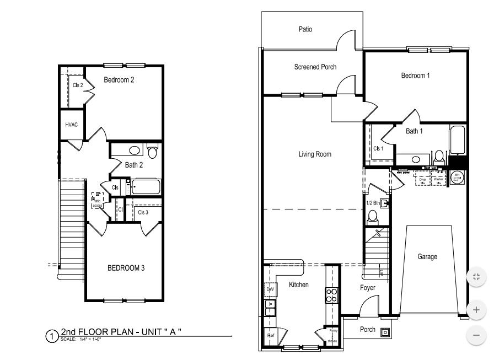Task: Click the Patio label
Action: pos(305,29)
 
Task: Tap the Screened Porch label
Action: pos(315,67)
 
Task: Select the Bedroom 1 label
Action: pos(415,76)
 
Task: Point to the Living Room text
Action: pos(315,154)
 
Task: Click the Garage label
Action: pos(427,257)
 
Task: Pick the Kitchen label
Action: pos(299,285)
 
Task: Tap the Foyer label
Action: pos(368,288)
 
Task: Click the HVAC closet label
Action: pos(72,125)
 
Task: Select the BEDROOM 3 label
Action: pos(126,268)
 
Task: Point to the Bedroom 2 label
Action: pos(119,80)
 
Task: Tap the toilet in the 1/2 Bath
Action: pos(372,216)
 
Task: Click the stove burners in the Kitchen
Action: pos(331,295)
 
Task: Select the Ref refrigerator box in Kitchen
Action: pos(271,335)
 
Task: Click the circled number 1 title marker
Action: pos(51,335)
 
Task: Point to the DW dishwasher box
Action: pos(270,289)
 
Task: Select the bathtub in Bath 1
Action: pos(458,141)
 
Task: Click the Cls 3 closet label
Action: pos(143,212)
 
